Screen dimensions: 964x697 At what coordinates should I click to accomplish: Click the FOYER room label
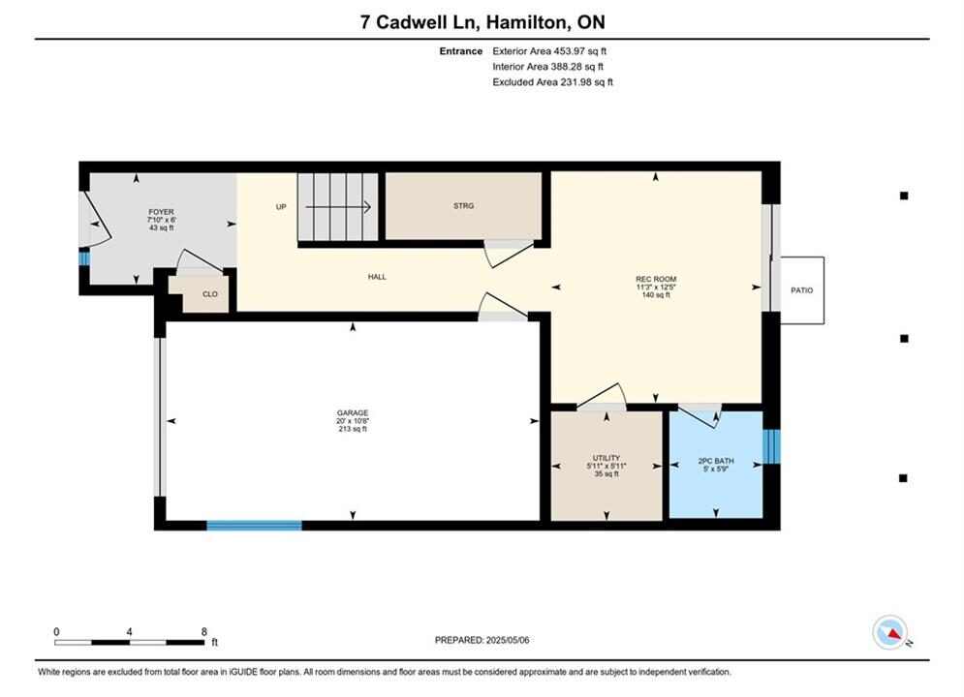161,212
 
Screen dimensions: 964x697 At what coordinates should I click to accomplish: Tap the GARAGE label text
353,413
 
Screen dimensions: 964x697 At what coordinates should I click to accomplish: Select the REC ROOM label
656,279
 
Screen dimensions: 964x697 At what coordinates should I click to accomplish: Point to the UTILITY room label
606,458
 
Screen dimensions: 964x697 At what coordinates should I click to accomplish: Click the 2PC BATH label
716,461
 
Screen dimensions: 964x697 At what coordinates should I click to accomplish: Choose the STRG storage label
463,206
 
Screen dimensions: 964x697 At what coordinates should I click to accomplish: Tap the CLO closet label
209,294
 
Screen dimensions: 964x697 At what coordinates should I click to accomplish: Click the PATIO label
801,289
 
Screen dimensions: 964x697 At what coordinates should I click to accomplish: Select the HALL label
377,277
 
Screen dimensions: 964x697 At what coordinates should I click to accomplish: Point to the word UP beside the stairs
281,207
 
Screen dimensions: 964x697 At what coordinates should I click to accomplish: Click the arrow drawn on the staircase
338,207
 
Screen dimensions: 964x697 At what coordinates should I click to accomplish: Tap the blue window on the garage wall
254,526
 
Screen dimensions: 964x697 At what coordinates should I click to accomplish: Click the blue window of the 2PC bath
771,446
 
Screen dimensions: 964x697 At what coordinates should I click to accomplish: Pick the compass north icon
890,632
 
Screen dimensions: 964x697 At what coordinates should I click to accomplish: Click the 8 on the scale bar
204,632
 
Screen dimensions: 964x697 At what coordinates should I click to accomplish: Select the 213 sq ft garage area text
353,429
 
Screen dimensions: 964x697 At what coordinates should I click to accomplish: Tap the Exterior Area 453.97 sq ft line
549,51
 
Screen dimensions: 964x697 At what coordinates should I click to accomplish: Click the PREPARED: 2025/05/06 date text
482,640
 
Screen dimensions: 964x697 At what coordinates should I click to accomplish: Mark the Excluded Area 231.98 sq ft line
552,81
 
